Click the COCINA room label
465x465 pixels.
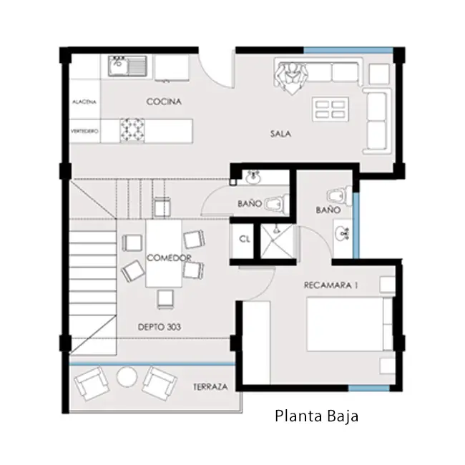[x=164, y=102]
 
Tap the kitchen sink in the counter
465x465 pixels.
[x=127, y=66]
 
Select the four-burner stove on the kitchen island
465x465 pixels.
[x=132, y=130]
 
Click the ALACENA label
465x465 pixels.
[x=84, y=102]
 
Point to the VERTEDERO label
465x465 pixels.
[x=84, y=131]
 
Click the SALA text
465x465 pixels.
[x=280, y=134]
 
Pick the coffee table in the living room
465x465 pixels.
[x=331, y=109]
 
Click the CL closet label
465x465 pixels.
[x=245, y=239]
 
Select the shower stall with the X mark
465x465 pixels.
[x=276, y=241]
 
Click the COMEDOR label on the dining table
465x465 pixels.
[x=169, y=258]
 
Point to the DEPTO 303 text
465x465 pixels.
[x=160, y=327]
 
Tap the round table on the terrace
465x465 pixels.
[x=127, y=377]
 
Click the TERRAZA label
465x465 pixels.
[x=210, y=387]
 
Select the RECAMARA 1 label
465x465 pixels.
[x=331, y=285]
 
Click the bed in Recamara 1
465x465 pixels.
[x=350, y=324]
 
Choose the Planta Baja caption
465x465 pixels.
[x=317, y=416]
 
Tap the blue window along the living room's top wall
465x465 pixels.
[x=349, y=50]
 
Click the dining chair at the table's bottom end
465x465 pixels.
[x=165, y=299]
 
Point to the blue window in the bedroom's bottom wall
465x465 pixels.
[x=368, y=388]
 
